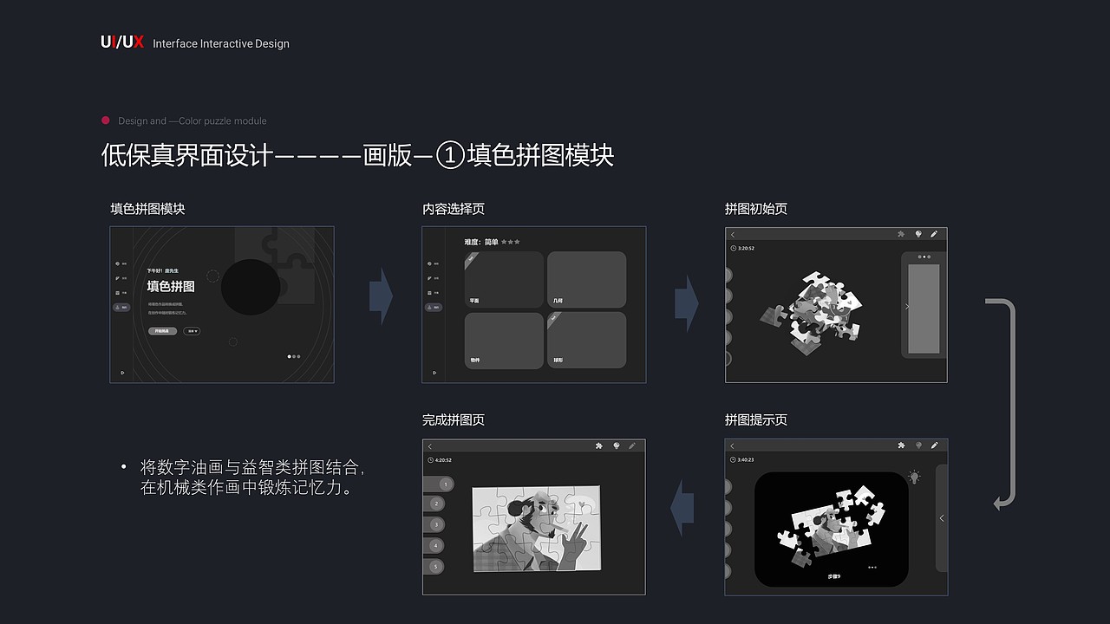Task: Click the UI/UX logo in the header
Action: [x=121, y=42]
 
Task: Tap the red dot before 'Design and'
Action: [x=106, y=120]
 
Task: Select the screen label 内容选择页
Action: [x=454, y=209]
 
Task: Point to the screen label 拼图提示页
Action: [x=756, y=419]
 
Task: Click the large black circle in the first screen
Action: [x=251, y=287]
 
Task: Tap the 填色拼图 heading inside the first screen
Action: [x=171, y=286]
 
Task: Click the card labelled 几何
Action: [x=586, y=279]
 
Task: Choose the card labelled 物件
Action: [x=504, y=340]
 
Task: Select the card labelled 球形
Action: [x=586, y=340]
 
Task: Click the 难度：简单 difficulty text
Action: [x=481, y=242]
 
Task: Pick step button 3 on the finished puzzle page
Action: [x=437, y=524]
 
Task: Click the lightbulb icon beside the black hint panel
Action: [x=913, y=478]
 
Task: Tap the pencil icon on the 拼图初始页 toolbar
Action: [x=934, y=234]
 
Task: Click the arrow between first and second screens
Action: [x=381, y=296]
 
